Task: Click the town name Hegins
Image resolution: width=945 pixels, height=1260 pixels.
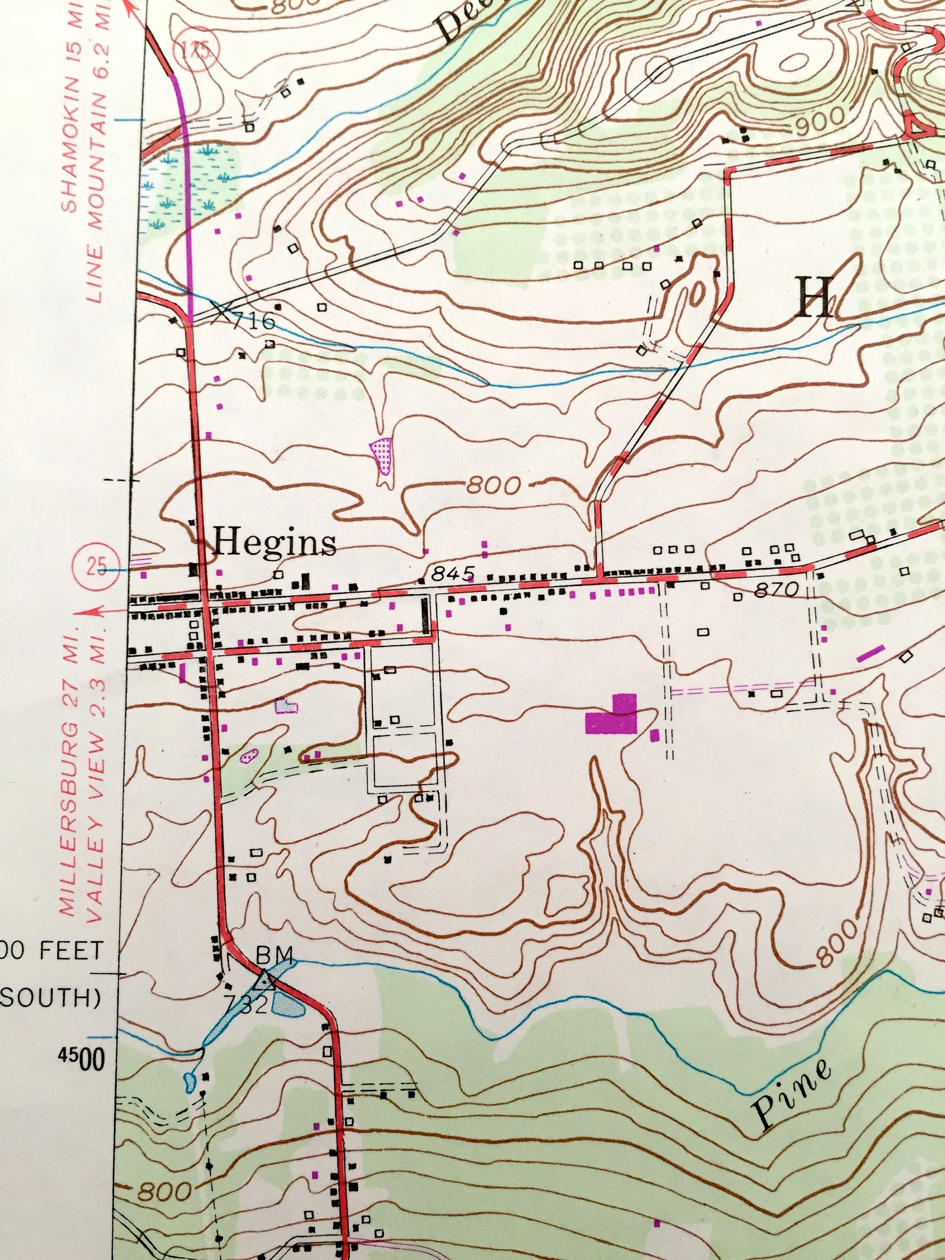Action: coord(275,542)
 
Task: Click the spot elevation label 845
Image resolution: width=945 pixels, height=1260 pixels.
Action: coord(452,574)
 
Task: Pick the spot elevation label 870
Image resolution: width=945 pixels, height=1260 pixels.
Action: coord(775,591)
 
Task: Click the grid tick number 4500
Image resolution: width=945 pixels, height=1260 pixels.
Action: coord(81,1060)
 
